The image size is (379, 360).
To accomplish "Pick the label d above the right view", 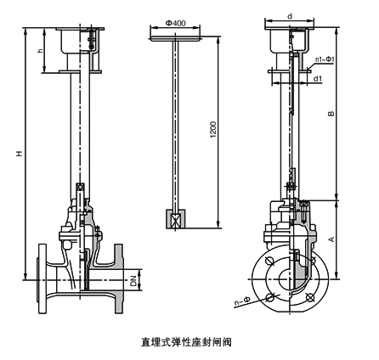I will (x=289, y=15).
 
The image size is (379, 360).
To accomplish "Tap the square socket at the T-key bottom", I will (x=175, y=220).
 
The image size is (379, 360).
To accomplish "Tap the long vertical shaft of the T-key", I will (x=175, y=127).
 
